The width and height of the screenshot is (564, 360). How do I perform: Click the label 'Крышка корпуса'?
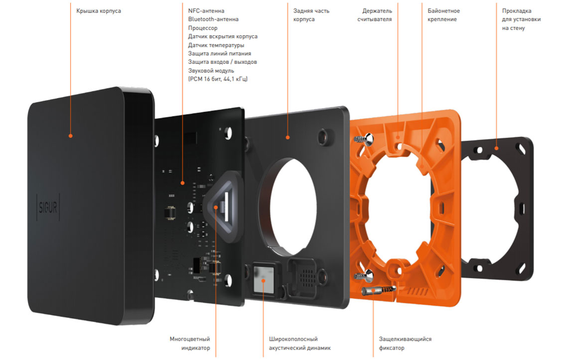click(99, 11)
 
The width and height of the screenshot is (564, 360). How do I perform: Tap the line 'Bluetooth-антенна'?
click(213, 19)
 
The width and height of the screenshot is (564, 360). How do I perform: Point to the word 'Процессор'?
click(203, 28)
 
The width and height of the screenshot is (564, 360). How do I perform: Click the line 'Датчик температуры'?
click(216, 45)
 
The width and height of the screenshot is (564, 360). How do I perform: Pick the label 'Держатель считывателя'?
click(378, 15)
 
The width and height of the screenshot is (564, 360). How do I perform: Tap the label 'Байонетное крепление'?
click(443, 15)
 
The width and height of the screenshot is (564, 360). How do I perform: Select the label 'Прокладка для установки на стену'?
click(521, 19)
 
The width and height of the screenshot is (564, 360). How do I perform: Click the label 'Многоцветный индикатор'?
click(190, 344)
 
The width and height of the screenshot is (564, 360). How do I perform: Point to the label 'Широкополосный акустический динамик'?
click(297, 344)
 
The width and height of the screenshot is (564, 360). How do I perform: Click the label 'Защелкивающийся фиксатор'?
click(405, 344)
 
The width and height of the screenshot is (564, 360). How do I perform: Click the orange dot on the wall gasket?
click(496, 148)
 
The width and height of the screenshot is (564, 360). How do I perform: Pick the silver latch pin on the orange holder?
click(377, 291)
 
